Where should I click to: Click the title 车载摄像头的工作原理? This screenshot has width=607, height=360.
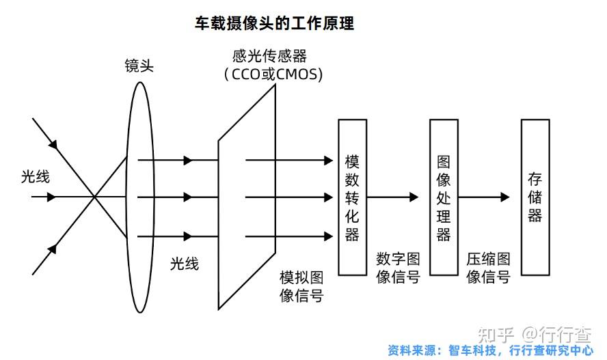[x=274, y=23]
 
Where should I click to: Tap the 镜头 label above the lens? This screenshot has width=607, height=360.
[x=139, y=66]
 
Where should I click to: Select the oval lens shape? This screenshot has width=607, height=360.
[x=139, y=197]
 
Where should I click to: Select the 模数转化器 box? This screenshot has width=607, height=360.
[x=352, y=197]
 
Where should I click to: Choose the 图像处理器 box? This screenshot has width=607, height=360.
[x=444, y=197]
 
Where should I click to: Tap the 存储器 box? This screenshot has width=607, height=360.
[x=535, y=197]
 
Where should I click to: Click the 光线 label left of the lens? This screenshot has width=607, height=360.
[x=35, y=177]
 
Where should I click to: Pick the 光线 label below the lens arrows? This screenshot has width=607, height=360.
[x=185, y=264]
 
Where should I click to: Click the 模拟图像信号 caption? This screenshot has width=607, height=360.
[x=301, y=287]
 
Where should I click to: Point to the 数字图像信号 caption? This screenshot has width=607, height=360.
[x=398, y=268]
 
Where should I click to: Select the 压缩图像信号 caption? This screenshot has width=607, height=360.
[x=488, y=268]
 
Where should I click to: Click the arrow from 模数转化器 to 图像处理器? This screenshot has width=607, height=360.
[x=393, y=197]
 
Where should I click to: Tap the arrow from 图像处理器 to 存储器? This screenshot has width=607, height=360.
[x=485, y=197]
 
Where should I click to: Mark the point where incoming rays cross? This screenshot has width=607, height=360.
[x=94, y=197]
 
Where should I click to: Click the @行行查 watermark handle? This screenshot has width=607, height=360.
[x=557, y=335]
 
